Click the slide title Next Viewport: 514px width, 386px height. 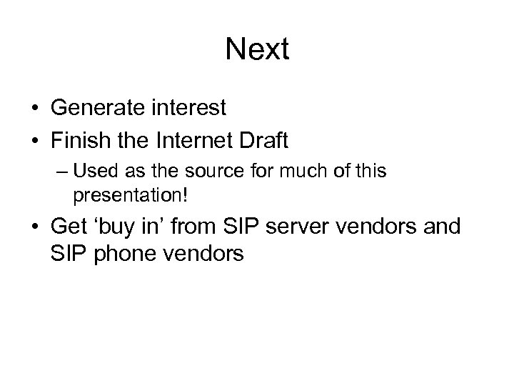click(x=257, y=49)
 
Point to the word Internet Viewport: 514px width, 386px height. click(x=192, y=140)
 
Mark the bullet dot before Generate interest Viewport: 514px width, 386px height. click(x=34, y=109)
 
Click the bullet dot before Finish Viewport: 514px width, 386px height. click(x=34, y=141)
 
